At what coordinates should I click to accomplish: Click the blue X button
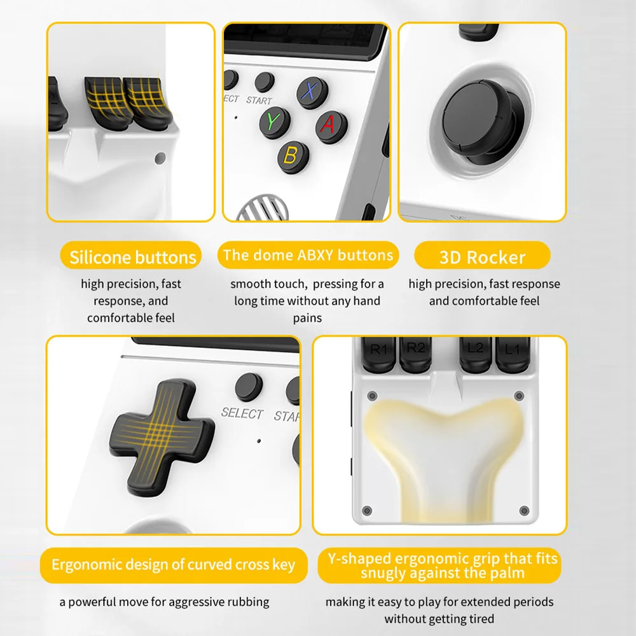312,92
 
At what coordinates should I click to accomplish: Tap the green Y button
275,121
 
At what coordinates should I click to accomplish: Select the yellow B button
293,156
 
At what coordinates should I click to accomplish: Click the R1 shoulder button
378,354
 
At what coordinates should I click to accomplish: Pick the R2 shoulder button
415,353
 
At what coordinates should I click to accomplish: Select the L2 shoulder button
476,353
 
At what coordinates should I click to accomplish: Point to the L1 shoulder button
513,354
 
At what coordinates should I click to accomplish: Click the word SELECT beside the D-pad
242,413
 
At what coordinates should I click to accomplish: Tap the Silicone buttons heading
133,258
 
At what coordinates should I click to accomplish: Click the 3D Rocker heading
482,258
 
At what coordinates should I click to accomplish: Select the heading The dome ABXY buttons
308,255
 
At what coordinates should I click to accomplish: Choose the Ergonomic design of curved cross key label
173,565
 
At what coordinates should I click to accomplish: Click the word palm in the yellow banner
508,573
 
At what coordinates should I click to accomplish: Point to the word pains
307,318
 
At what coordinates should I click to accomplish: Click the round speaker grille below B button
263,208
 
